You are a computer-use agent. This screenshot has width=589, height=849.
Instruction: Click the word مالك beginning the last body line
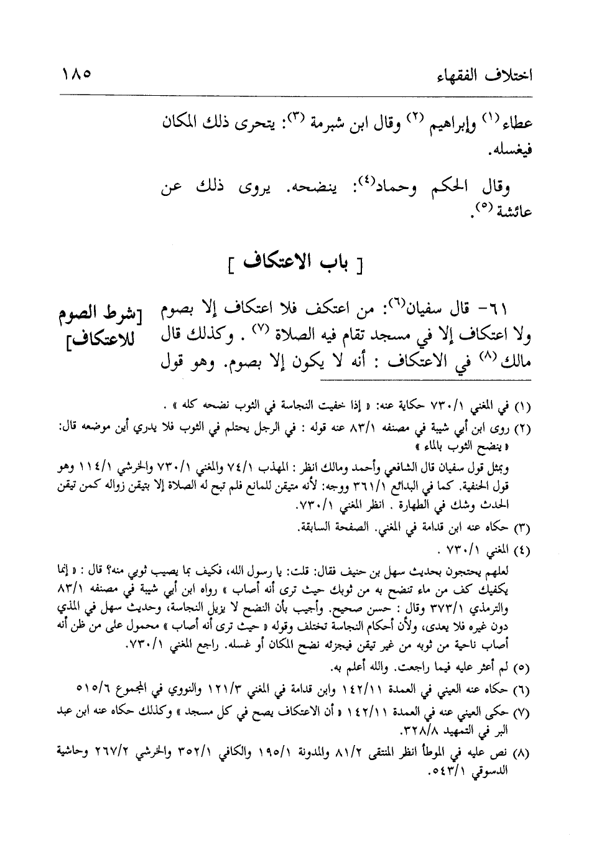click(x=512, y=364)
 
